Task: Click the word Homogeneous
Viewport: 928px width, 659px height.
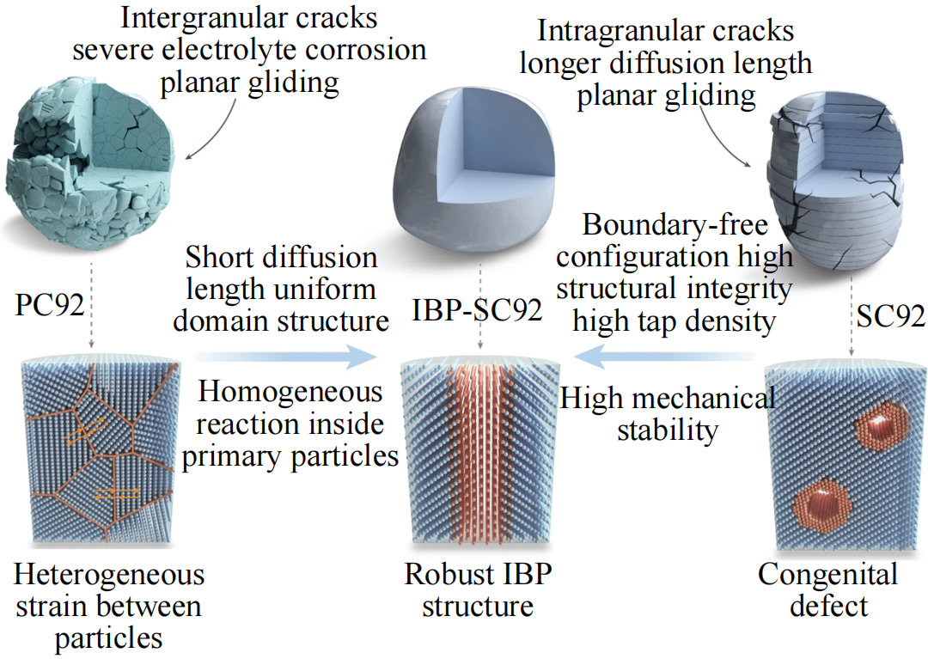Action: (x=290, y=393)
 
